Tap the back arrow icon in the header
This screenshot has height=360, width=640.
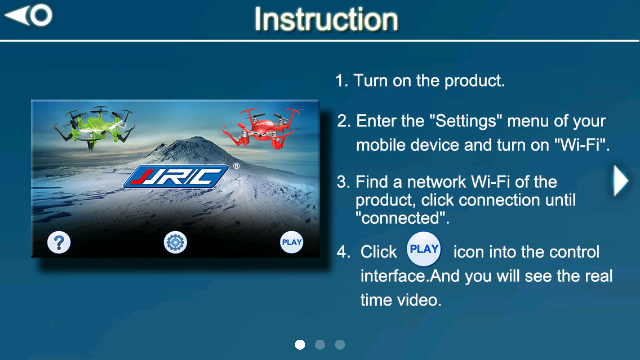click(x=28, y=15)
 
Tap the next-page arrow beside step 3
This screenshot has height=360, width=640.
click(x=621, y=181)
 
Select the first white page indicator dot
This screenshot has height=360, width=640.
click(x=300, y=345)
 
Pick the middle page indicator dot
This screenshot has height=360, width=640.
click(x=320, y=345)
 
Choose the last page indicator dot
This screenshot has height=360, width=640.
click(x=340, y=345)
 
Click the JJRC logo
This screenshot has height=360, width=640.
click(x=176, y=176)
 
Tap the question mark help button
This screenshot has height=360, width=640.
click(x=59, y=242)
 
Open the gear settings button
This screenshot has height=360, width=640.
click(x=175, y=242)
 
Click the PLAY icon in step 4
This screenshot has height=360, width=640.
click(x=424, y=249)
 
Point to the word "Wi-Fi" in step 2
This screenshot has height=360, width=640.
click(x=579, y=145)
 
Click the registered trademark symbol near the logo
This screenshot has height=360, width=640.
click(x=236, y=166)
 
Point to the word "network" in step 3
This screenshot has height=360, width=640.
click(x=436, y=182)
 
